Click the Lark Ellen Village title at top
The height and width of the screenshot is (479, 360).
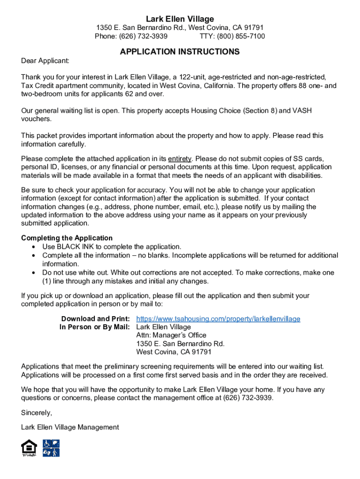pos(180,19)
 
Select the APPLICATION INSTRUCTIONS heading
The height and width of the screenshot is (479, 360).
pos(180,51)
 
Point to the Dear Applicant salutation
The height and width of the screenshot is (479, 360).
pos(45,61)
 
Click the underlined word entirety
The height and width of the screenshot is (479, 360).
pos(180,159)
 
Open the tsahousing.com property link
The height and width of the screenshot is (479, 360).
pos(218,319)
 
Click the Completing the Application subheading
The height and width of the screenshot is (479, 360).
pos(67,238)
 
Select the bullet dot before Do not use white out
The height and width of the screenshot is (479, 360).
pos(34,272)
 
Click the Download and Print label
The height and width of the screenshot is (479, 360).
pos(95,319)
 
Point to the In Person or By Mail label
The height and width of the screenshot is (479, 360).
pos(94,327)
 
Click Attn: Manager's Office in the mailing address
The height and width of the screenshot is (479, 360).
pos(171,335)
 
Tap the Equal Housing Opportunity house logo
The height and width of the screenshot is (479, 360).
pos(29,448)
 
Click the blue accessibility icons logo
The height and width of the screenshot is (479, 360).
pos(51,448)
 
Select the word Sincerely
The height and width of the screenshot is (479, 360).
pos(36,413)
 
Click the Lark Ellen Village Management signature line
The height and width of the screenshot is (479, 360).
pos(70,427)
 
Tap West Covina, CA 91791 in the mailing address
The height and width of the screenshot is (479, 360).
pos(174,352)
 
